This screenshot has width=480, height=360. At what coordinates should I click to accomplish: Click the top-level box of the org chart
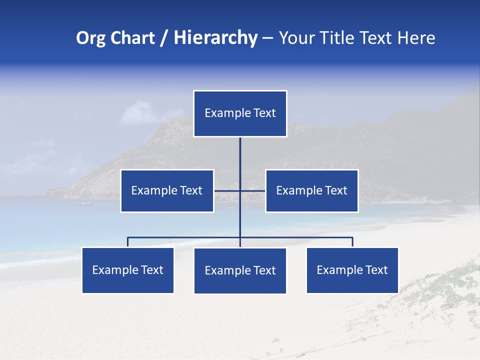click(x=240, y=113)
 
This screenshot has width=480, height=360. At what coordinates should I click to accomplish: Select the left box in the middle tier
click(x=167, y=191)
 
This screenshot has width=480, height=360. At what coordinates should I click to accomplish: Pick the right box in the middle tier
click(x=311, y=191)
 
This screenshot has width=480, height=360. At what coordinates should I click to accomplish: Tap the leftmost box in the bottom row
click(x=128, y=270)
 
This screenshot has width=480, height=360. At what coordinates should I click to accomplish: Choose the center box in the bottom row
click(x=240, y=271)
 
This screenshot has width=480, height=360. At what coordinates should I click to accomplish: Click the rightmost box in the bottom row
click(x=352, y=270)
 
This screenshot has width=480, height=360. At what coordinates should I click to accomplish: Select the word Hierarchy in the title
click(x=215, y=38)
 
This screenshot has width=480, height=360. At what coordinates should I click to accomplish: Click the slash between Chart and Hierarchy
click(x=164, y=38)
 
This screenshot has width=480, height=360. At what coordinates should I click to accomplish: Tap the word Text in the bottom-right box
click(x=376, y=270)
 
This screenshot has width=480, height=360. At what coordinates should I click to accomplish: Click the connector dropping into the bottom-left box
click(x=128, y=242)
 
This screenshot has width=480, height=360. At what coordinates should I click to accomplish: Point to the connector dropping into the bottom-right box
click(x=352, y=242)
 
